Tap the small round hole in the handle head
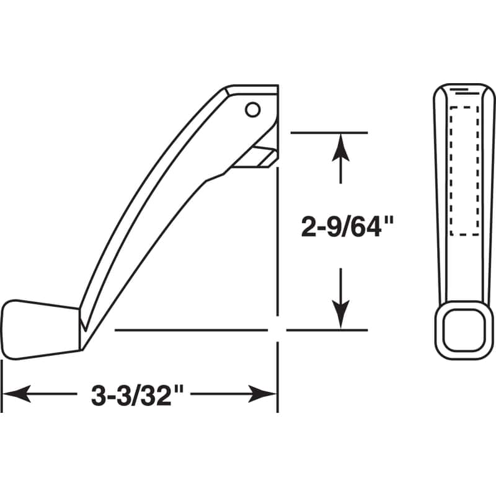coord(252,110)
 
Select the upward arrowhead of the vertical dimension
coord(340,149)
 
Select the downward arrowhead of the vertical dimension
coord(340,313)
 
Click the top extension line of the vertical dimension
coord(329,133)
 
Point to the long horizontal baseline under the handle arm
coord(192,330)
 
